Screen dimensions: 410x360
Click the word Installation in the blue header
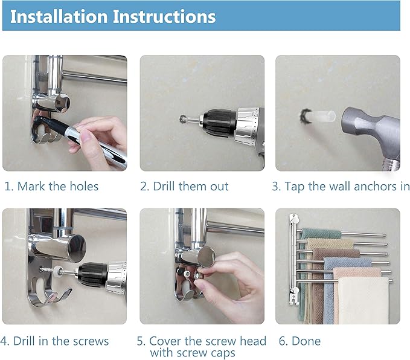[59, 16]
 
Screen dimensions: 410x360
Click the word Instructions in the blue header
[164, 16]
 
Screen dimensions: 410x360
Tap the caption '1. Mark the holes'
[51, 186]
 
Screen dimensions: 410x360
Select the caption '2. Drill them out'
[184, 186]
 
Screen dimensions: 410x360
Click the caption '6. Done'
[299, 341]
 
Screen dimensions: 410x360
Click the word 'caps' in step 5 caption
[223, 353]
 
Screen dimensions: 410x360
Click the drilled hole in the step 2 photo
[182, 119]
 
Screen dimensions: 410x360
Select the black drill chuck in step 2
[219, 123]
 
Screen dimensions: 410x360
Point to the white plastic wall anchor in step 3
[322, 117]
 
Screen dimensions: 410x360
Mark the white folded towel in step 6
[364, 301]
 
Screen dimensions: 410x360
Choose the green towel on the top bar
[322, 233]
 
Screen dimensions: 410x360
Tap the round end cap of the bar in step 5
[207, 257]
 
